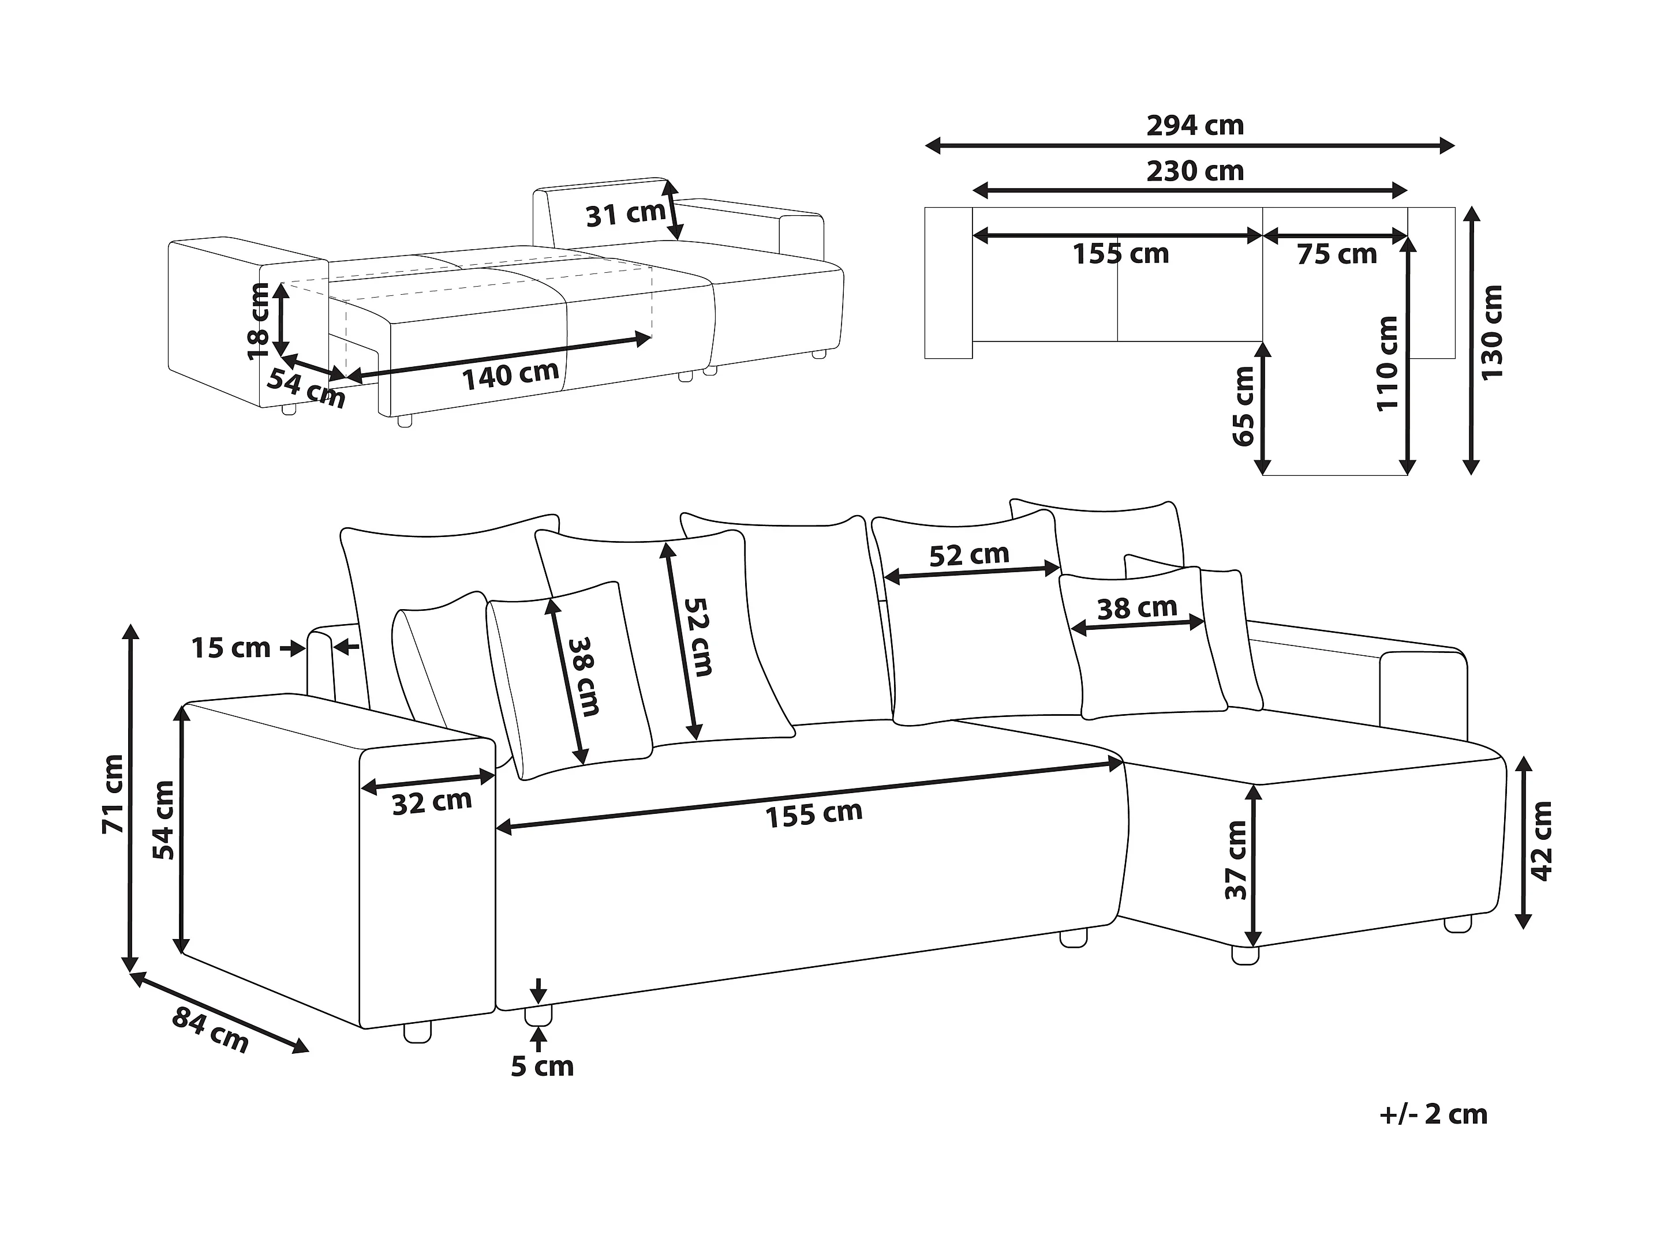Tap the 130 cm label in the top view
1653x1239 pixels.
click(1491, 332)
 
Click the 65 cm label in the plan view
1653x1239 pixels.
click(1243, 406)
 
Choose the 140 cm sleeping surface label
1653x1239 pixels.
click(510, 376)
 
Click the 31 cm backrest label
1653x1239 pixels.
click(624, 215)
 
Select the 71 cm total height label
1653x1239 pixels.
click(113, 794)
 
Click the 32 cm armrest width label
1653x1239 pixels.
click(432, 803)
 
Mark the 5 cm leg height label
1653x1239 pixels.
click(543, 1067)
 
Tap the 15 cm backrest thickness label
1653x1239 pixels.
click(231, 648)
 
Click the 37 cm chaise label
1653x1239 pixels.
click(1237, 861)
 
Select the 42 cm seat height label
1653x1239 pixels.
click(1542, 842)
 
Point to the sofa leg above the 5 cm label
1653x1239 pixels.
click(538, 1015)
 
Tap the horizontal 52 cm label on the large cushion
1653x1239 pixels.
click(969, 555)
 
